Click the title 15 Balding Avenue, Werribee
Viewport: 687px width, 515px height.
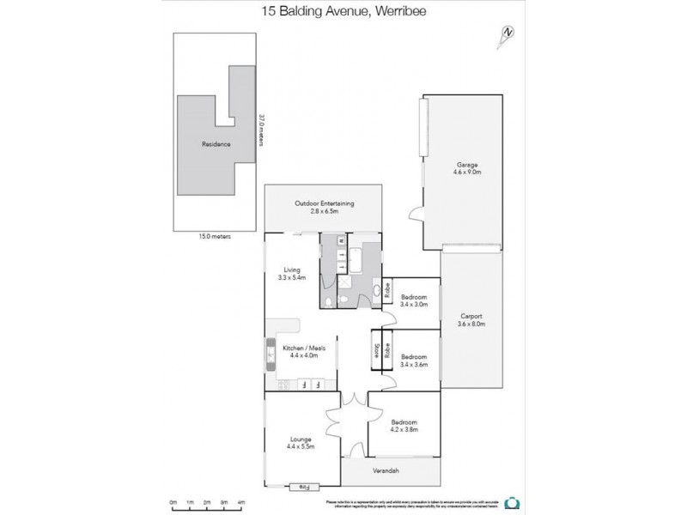coord(343,12)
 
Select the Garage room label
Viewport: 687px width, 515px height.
coord(467,167)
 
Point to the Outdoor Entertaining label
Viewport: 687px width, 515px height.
coord(325,207)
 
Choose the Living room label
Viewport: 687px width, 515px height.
coord(289,275)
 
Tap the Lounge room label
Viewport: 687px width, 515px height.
coord(301,443)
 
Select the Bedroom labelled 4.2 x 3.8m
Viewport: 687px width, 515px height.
coord(404,426)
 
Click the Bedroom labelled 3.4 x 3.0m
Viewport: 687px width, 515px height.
coord(414,300)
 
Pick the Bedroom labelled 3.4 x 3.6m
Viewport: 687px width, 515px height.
coord(414,360)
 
